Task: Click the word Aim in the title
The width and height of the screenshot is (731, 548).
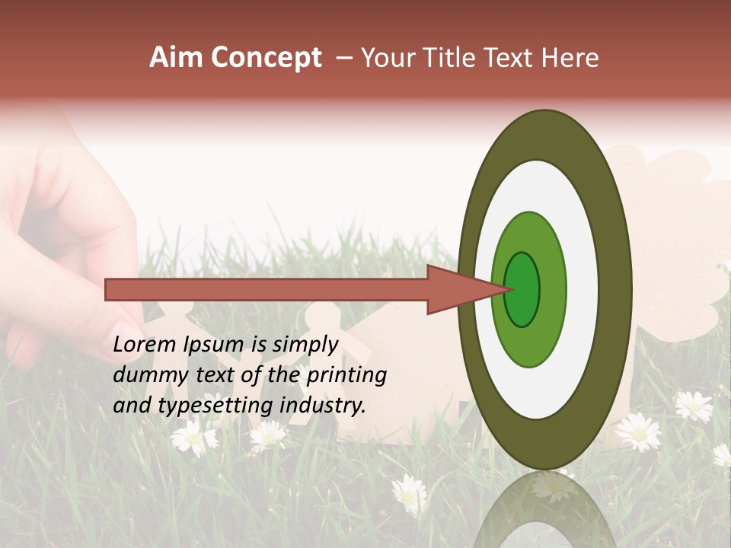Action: (174, 58)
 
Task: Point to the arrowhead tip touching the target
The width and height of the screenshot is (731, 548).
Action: (506, 288)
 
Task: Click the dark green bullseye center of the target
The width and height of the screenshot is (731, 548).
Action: (522, 289)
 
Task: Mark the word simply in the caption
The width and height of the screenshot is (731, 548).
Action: (305, 345)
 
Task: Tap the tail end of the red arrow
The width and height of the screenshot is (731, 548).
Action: (107, 289)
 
